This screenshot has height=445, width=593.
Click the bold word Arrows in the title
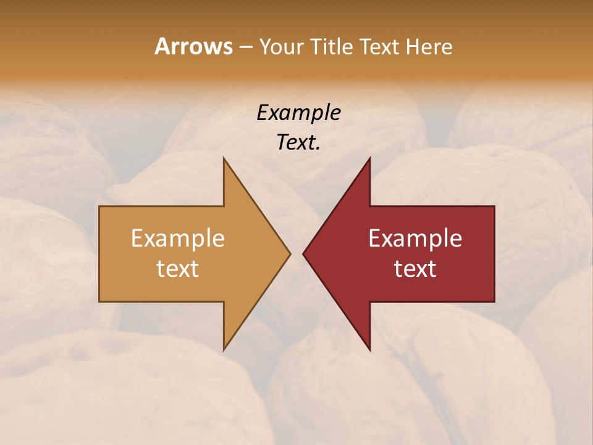(x=193, y=46)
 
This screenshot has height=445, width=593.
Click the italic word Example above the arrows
(x=298, y=112)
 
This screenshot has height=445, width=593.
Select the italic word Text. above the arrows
(x=298, y=142)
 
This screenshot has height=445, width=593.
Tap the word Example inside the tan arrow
(x=178, y=238)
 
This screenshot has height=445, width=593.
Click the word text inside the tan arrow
(x=178, y=268)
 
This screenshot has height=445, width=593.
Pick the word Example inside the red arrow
(x=415, y=238)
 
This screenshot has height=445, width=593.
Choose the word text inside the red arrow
(x=415, y=268)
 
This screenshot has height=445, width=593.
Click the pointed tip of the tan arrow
(x=290, y=253)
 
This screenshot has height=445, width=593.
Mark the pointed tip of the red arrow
(x=303, y=253)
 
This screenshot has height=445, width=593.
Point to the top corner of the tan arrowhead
(x=224, y=158)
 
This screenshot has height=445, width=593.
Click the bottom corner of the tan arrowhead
(x=224, y=350)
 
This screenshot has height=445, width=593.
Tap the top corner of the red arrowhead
(x=369, y=158)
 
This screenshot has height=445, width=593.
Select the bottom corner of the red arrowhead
(x=369, y=350)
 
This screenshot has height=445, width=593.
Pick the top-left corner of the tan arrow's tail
(x=99, y=206)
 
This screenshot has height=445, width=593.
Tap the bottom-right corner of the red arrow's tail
(x=494, y=301)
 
